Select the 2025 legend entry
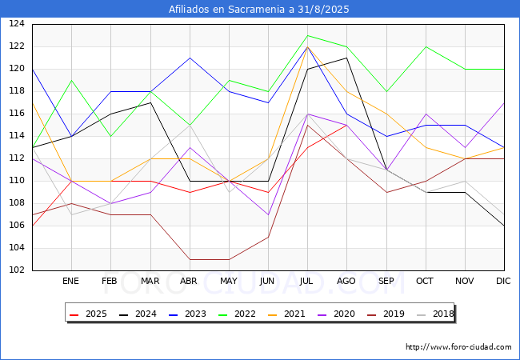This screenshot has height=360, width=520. (x=88, y=314)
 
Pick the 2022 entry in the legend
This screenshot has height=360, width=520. (x=237, y=314)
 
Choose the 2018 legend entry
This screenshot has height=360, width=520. (x=435, y=314)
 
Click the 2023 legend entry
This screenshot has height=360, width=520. (x=187, y=314)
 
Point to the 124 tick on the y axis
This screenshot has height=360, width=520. (x=17, y=24)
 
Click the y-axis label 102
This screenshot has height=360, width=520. (x=17, y=270)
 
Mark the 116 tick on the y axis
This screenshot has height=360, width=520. (x=17, y=114)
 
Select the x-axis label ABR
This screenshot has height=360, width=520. (x=189, y=281)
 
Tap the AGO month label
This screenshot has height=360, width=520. (x=346, y=281)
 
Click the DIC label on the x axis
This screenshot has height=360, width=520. (x=503, y=281)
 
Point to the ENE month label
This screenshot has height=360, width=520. (x=70, y=281)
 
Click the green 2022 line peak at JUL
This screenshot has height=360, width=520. (x=308, y=35)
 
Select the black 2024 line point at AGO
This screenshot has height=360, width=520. (x=347, y=58)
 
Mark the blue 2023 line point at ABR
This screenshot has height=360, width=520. (x=190, y=58)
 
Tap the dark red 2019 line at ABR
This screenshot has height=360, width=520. (x=190, y=259)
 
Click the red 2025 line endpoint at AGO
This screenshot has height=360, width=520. (x=347, y=125)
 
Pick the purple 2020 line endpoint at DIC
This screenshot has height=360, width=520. (x=504, y=102)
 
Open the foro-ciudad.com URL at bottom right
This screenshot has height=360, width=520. (x=458, y=347)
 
